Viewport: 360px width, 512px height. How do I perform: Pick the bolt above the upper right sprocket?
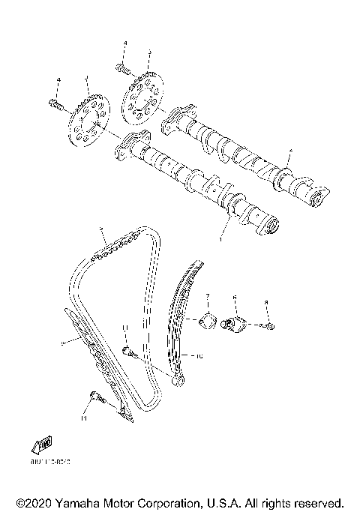coord(124,69)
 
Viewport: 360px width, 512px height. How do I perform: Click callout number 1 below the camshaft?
coord(221,240)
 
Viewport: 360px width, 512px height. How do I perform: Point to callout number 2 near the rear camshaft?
coord(290,152)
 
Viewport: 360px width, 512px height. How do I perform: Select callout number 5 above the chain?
coord(100,227)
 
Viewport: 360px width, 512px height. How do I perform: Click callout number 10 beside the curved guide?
coord(199,357)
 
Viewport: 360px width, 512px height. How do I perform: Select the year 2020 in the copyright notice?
coord(38,501)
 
